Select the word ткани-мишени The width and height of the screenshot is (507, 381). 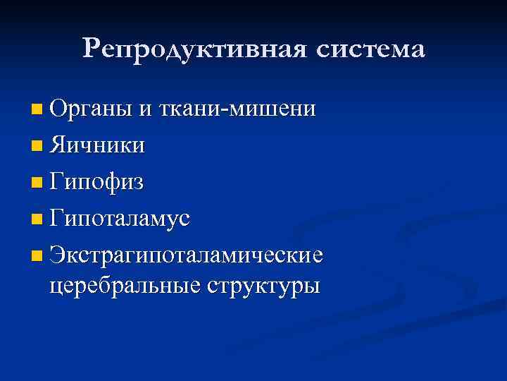click(238, 110)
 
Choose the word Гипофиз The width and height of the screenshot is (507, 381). click(96, 183)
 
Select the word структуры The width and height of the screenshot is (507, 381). click(263, 286)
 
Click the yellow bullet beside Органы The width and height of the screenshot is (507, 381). click(37, 111)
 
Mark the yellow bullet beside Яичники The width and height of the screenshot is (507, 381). click(37, 147)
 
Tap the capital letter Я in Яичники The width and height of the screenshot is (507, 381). click(58, 145)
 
